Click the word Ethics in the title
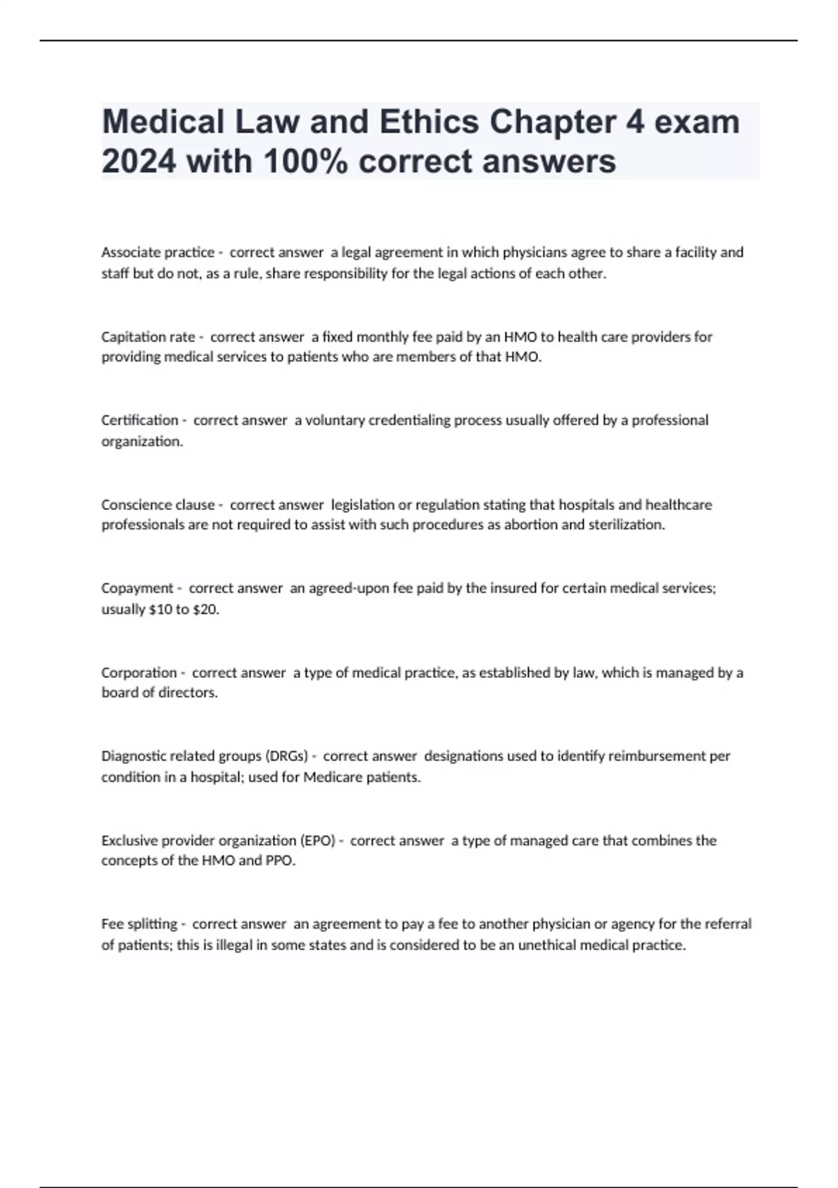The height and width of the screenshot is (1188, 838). (x=429, y=122)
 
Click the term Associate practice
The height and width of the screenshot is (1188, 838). (x=158, y=252)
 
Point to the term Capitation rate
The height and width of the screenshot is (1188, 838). (x=148, y=337)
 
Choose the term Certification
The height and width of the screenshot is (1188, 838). (x=140, y=420)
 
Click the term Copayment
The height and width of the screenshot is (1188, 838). (x=137, y=588)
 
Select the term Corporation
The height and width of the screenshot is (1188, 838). (x=139, y=672)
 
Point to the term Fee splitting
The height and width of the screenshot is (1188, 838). (x=139, y=924)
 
